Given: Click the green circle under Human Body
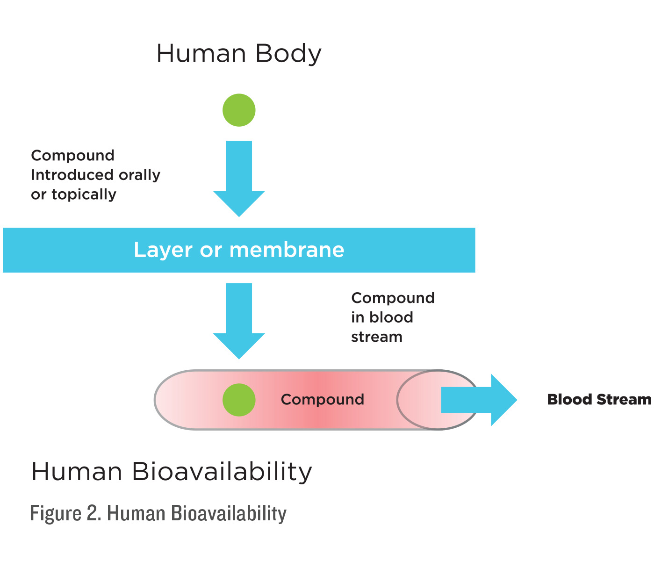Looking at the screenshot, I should point(239,110).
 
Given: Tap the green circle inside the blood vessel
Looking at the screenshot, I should point(239,400).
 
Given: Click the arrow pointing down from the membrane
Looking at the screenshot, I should point(239,321).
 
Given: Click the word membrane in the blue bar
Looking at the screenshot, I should point(287,250).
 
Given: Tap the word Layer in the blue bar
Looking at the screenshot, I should point(163,250).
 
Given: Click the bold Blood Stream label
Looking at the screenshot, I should point(599,400).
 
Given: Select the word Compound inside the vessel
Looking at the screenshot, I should point(322,400).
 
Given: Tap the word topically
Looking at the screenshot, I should point(84,195).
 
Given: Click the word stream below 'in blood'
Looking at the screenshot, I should point(376,337).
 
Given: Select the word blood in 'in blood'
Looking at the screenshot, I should point(391,317).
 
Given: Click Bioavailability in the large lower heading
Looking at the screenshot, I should point(222,472).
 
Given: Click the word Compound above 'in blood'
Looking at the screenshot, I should point(393,298).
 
